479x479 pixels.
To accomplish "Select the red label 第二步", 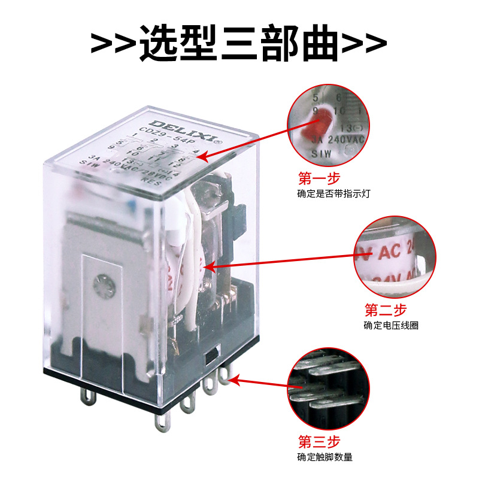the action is [x=386, y=310].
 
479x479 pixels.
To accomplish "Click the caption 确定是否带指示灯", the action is [x=329, y=194].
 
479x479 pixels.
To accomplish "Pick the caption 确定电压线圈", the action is [x=391, y=326].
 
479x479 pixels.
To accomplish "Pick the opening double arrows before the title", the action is [x=114, y=43].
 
